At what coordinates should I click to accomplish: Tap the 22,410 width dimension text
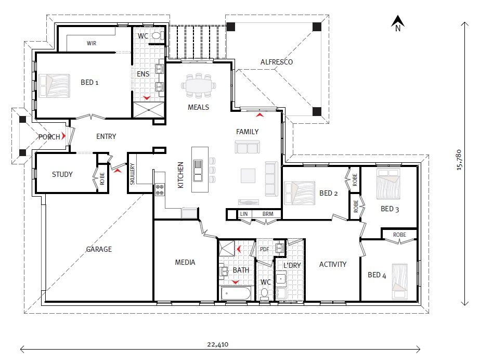tap(218, 344)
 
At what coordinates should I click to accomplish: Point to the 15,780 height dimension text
tap(459, 160)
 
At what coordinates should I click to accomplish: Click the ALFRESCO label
tap(277, 62)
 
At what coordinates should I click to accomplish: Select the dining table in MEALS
tap(199, 86)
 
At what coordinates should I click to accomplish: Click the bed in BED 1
tap(54, 86)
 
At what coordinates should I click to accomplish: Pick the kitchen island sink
tap(198, 171)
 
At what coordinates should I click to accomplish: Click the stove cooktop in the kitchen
tap(160, 189)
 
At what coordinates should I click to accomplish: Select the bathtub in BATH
tap(236, 294)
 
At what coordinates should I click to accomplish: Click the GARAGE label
tap(99, 249)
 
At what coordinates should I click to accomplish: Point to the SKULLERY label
tap(132, 174)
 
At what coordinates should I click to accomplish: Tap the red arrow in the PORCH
tap(63, 136)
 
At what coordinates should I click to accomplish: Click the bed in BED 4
tap(400, 281)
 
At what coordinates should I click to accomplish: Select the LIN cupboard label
tap(244, 214)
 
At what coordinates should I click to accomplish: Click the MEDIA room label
tap(185, 262)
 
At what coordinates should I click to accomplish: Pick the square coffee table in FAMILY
tap(248, 176)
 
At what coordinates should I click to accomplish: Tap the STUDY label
tap(62, 174)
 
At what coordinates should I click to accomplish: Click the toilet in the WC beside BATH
tap(265, 294)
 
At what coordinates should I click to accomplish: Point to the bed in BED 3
tap(388, 184)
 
